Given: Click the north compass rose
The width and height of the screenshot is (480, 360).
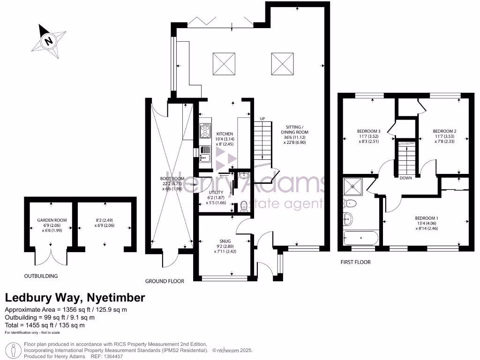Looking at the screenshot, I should click(48, 41).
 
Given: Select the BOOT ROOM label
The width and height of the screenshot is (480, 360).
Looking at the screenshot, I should click(169, 179).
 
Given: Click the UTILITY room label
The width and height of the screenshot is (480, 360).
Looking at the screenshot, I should click(216, 193).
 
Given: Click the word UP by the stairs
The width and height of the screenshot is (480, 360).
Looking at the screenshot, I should click(262, 119).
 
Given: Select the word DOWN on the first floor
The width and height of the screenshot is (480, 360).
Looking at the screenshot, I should click(406, 178).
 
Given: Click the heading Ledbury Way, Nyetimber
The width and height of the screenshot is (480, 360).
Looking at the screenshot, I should click(75, 298).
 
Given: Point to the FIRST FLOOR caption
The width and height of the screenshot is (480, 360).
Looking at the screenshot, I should click(355, 262).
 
